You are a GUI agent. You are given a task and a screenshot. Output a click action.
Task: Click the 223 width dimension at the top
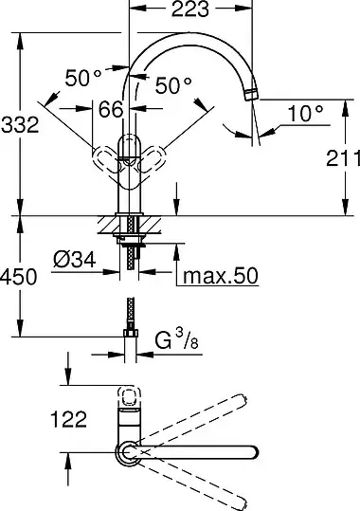(189, 9)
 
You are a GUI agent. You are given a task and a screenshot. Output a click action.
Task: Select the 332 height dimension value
(20, 124)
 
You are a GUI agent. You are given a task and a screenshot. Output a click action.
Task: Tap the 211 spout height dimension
(343, 158)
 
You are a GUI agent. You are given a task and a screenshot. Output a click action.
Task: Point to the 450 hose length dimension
(19, 277)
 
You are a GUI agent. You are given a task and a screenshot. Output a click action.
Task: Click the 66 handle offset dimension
(111, 109)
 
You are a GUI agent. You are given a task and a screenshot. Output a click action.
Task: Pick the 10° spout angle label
(306, 114)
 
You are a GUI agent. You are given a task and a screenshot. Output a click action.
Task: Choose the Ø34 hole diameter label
(75, 260)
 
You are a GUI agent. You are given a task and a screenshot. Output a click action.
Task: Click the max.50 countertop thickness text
(221, 276)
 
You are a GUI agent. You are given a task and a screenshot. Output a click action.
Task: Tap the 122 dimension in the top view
(69, 419)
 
